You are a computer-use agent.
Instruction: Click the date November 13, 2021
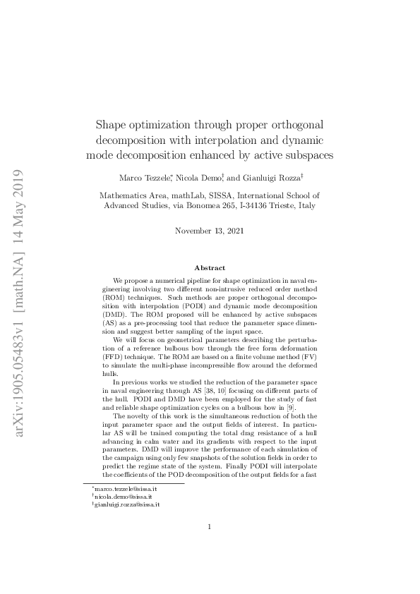(x=210, y=231)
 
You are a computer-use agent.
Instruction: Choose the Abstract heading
(x=210, y=268)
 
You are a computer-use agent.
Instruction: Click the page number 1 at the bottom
(x=210, y=545)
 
